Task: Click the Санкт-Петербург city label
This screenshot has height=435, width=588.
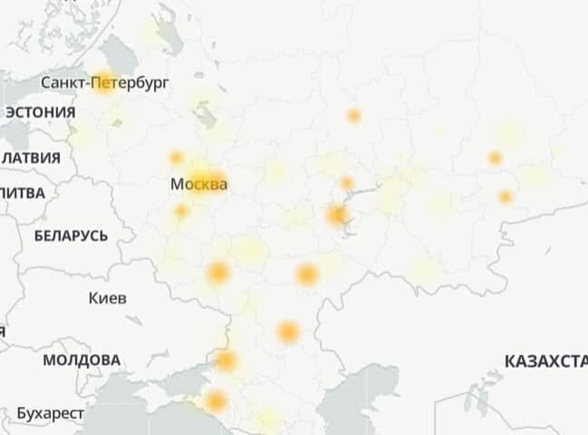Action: click(105, 83)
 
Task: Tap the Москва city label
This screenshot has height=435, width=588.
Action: click(198, 185)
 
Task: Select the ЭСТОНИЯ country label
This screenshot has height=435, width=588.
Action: click(40, 112)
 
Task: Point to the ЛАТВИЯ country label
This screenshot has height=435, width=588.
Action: click(31, 158)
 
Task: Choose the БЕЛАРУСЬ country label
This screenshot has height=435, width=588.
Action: click(71, 237)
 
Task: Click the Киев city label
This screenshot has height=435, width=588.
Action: click(108, 298)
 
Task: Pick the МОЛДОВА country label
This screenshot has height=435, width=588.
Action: click(81, 360)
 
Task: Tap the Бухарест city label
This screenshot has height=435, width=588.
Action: click(50, 413)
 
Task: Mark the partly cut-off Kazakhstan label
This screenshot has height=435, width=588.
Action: click(545, 362)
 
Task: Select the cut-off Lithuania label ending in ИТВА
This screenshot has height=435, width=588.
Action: click(22, 192)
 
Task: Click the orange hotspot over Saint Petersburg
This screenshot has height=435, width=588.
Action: click(103, 82)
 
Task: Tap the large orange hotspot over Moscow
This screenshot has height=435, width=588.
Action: click(205, 180)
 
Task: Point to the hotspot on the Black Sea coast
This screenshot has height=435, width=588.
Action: click(216, 401)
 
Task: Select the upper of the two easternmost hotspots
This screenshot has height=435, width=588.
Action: click(495, 159)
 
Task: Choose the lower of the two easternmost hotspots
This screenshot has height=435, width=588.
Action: click(506, 197)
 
